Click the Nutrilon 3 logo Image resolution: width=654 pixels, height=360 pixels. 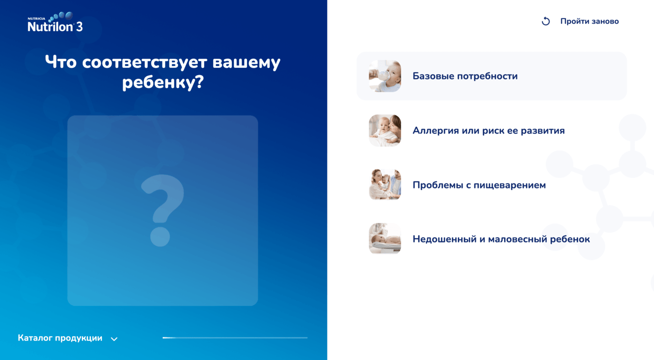(x=55, y=22)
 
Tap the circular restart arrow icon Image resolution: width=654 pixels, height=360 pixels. (x=546, y=21)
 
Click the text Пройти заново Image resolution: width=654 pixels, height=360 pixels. (x=590, y=21)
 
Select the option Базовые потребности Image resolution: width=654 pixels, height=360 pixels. (x=465, y=76)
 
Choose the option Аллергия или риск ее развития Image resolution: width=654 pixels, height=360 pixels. (x=489, y=131)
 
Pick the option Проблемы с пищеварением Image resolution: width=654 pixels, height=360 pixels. (x=479, y=185)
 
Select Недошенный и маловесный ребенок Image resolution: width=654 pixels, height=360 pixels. (x=501, y=239)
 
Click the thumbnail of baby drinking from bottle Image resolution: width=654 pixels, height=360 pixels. (x=385, y=76)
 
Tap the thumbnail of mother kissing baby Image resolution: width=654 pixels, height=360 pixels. (x=385, y=130)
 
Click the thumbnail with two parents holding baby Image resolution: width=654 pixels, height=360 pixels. (x=385, y=185)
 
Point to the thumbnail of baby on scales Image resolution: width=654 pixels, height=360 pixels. (x=385, y=239)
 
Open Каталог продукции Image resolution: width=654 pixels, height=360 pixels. (x=60, y=338)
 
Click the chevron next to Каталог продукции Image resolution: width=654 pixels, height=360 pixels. (x=114, y=339)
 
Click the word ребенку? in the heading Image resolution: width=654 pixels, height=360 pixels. (x=163, y=82)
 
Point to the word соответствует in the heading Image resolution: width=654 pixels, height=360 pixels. (x=145, y=62)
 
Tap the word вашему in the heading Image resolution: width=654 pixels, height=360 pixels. (x=246, y=62)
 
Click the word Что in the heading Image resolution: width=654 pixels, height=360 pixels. (x=61, y=62)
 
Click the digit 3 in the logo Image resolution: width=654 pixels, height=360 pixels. (x=79, y=27)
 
